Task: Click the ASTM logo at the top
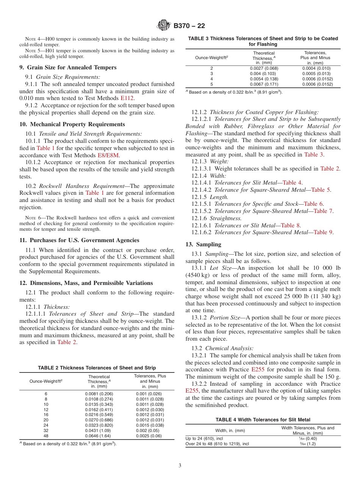coord(164,26)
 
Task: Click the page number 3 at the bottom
coord(180,465)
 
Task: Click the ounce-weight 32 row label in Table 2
coord(46,430)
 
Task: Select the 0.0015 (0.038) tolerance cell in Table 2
coord(150,425)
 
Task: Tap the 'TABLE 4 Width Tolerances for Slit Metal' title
coord(263,419)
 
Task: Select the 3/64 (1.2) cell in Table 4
coord(307,443)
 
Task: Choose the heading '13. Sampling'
coord(203,244)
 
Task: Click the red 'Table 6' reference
coord(313,204)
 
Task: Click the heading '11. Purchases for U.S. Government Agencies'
coord(79,240)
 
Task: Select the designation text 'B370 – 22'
coord(189,26)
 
